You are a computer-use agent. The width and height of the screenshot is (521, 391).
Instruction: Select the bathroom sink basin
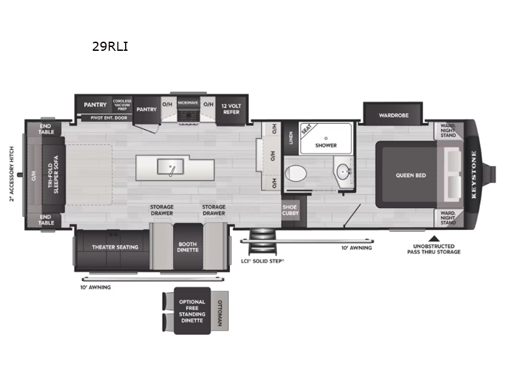click(343, 173)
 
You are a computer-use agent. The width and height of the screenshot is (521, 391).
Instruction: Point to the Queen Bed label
click(410, 175)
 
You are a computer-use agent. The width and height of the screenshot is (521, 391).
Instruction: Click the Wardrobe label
click(394, 115)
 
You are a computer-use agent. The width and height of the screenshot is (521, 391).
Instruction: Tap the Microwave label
click(188, 103)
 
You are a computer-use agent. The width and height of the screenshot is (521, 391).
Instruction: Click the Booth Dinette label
click(188, 248)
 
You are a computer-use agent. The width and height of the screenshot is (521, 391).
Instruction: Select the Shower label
click(326, 145)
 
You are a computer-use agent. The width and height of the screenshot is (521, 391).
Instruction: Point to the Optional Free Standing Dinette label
click(192, 311)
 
